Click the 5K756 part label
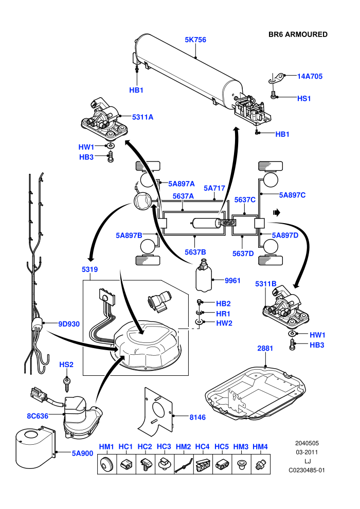(195, 40)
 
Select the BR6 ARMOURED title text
(298, 34)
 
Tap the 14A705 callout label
(310, 76)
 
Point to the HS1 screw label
(304, 98)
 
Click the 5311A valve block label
(142, 117)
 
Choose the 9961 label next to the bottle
(232, 281)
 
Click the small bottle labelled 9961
(204, 275)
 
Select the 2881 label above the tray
(265, 348)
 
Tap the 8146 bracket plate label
(197, 417)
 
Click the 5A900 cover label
(82, 453)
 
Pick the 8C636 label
(38, 416)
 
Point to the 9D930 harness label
(69, 324)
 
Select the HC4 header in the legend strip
(202, 447)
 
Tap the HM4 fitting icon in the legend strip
(260, 465)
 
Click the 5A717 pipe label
(214, 188)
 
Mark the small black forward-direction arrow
(277, 213)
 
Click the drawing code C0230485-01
(307, 470)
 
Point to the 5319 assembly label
(89, 269)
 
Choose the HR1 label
(223, 314)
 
